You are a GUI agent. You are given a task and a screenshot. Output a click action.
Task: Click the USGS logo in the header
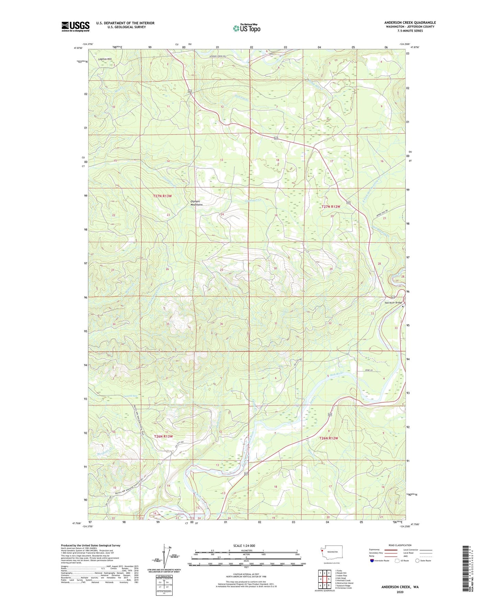(x=76, y=26)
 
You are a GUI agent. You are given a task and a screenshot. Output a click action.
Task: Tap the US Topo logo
(x=246, y=28)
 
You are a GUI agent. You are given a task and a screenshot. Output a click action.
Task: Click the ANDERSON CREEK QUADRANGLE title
(x=410, y=23)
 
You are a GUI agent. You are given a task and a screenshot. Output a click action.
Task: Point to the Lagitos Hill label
(x=105, y=59)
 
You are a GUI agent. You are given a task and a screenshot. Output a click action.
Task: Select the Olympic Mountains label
(x=197, y=203)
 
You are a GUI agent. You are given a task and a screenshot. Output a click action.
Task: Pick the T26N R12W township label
(x=328, y=438)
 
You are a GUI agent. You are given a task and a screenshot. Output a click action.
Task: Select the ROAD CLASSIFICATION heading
(x=400, y=545)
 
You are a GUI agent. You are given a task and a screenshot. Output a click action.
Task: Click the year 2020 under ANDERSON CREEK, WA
(x=400, y=592)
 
